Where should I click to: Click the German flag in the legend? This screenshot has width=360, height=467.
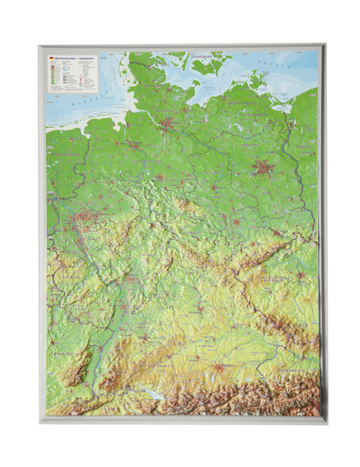51,58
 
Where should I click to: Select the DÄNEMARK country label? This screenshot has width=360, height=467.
202,56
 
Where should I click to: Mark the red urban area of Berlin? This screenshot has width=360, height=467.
262,167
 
